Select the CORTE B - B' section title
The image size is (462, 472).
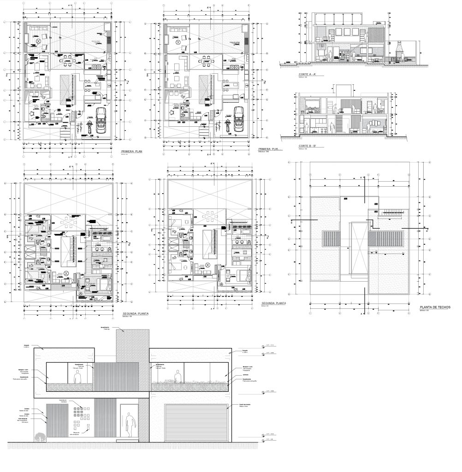(x=309, y=146)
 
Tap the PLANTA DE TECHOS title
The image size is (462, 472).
(x=434, y=307)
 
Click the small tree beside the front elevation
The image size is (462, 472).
(x=40, y=437)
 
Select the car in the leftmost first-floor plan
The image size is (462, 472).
(x=100, y=121)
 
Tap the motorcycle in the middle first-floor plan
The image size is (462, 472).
(x=227, y=126)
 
